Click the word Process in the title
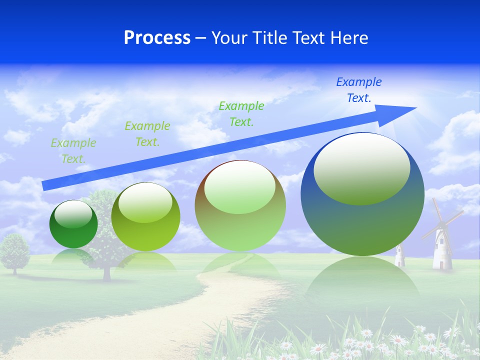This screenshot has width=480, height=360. coord(157,38)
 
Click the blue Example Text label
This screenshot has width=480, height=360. coord(358,90)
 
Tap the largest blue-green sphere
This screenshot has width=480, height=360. coord(362,225)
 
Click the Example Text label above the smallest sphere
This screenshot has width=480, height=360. coord(73,150)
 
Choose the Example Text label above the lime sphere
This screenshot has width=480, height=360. coord(147,134)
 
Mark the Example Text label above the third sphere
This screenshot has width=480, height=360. coord(241,113)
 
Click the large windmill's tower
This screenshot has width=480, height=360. coord(442,250)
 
